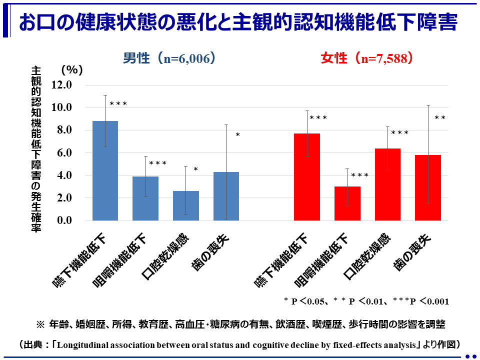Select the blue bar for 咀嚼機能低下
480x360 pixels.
145,198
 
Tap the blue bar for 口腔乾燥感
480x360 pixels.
185,205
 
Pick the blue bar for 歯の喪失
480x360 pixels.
226,196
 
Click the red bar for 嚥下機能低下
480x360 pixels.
307,177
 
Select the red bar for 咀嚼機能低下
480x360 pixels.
347,203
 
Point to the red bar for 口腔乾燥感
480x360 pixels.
387,184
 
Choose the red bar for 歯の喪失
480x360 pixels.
428,188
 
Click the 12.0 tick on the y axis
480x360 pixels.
62,85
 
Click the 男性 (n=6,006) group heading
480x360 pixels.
169,58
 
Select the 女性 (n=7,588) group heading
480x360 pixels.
366,58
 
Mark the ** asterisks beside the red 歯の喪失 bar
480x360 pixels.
440,118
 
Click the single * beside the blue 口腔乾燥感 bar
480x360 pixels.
195,170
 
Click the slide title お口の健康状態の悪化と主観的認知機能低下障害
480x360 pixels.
237,22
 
